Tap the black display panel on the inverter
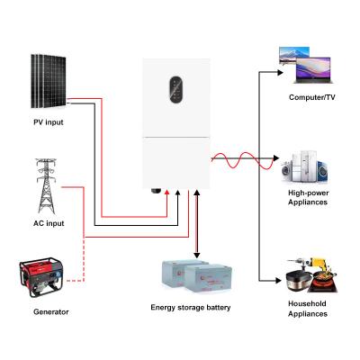click(x=176, y=90)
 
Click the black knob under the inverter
click(x=156, y=192)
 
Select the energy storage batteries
click(x=190, y=280)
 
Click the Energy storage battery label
click(x=190, y=308)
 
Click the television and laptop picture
click(x=305, y=61)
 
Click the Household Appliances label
click(x=309, y=309)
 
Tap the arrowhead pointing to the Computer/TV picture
click(x=279, y=67)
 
